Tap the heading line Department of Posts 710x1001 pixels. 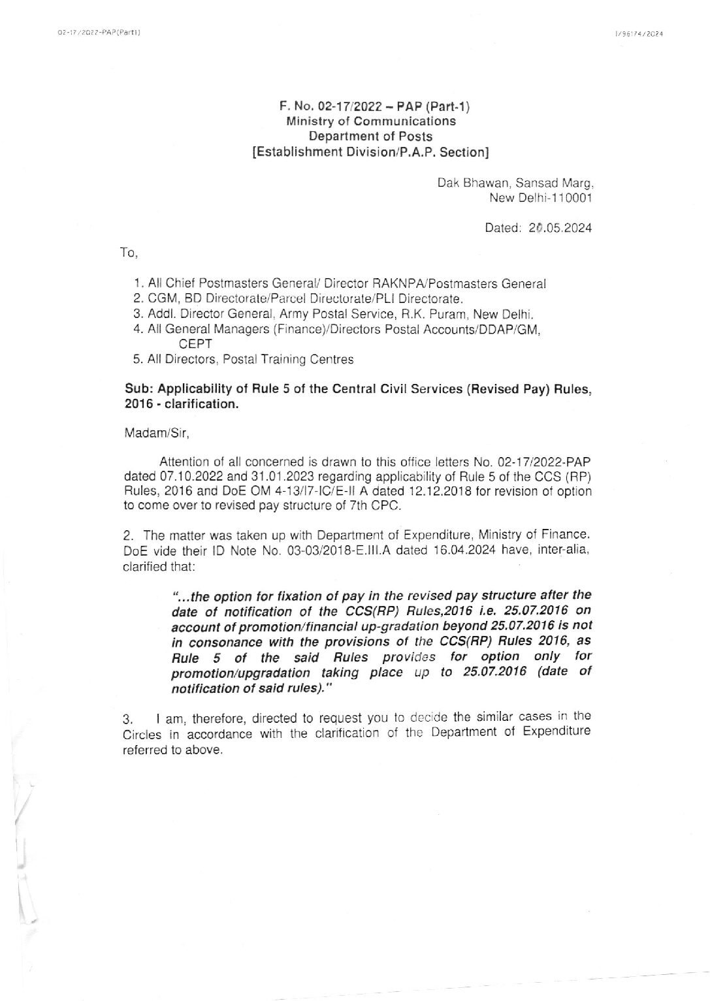[x=370, y=136]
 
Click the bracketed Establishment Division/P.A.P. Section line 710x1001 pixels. [x=370, y=152]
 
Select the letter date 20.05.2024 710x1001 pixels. [x=560, y=228]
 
